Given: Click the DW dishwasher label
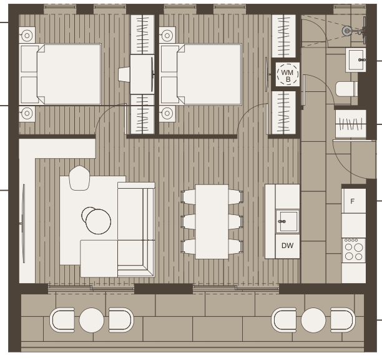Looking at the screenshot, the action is coord(288,246).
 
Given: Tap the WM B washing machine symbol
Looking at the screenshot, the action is coord(288,74).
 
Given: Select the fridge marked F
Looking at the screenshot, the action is coord(354,201).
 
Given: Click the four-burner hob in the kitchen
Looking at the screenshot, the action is coord(354,251).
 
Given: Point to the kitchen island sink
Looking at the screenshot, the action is coord(288,221).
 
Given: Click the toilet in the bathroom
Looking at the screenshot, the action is coord(346,89).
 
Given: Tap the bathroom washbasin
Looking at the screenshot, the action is coord(356,60).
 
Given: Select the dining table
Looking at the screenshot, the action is coord(212,222).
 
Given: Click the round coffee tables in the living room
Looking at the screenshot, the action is coord(96,220).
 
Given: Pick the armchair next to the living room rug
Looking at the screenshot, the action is coord(79,178).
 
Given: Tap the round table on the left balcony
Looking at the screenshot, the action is coord(92,320).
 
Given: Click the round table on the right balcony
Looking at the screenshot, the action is coord(313,320).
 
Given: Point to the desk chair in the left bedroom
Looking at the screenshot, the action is coord(124,74).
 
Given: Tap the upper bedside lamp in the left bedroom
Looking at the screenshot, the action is coord(27,36).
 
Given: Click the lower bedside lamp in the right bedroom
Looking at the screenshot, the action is coord(167,113).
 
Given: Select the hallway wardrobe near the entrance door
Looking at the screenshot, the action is coord(351,124).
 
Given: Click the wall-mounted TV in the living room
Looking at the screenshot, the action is coord(23,224).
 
